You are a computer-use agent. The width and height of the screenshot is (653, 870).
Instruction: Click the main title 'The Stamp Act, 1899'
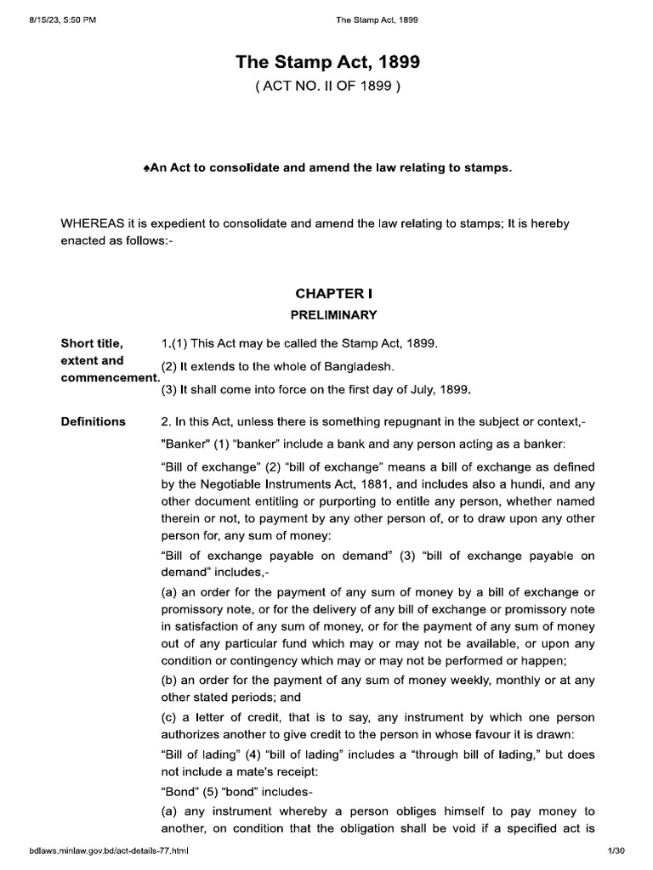tap(327, 63)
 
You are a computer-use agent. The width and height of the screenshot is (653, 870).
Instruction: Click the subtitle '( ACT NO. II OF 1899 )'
tap(327, 88)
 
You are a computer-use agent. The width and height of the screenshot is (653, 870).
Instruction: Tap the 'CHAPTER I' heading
tap(328, 293)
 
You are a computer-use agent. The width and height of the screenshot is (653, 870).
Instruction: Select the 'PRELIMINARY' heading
tap(328, 314)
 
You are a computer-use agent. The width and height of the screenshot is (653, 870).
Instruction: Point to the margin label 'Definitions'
tap(94, 421)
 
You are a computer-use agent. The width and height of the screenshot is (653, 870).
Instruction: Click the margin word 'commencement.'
tap(110, 377)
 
